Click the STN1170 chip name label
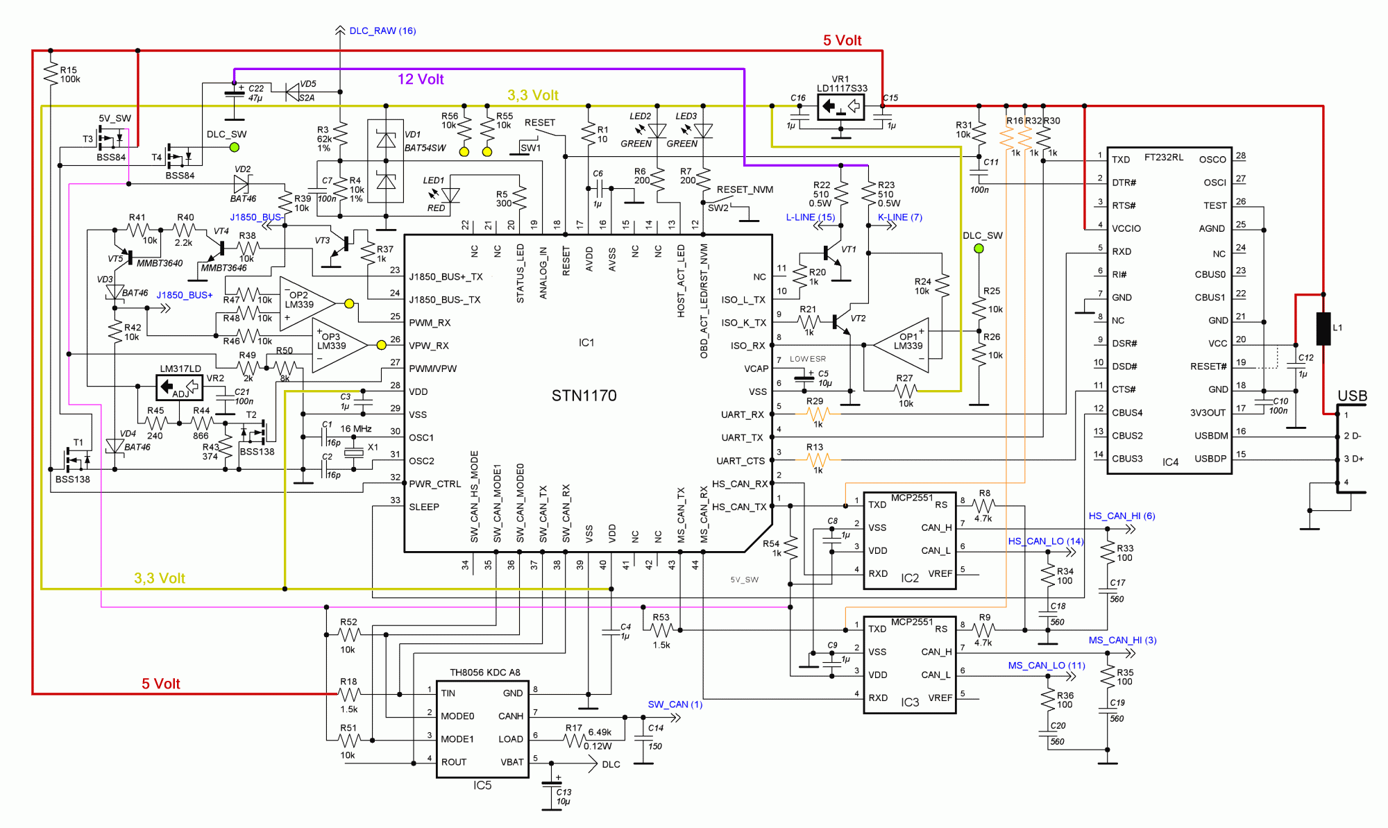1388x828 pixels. pyautogui.click(x=584, y=396)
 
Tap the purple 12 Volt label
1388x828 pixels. pyautogui.click(x=421, y=79)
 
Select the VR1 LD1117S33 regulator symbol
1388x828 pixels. pyautogui.click(x=840, y=107)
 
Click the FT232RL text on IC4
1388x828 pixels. pyautogui.click(x=1164, y=158)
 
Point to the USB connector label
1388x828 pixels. pyautogui.click(x=1352, y=396)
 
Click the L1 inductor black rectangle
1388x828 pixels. pyautogui.click(x=1323, y=328)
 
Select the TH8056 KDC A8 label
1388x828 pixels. pyautogui.click(x=484, y=672)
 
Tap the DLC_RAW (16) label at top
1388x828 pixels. pyautogui.click(x=382, y=31)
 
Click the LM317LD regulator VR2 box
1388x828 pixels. pyautogui.click(x=180, y=387)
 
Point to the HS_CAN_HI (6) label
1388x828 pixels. pyautogui.click(x=1122, y=516)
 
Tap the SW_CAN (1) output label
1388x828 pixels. pyautogui.click(x=675, y=704)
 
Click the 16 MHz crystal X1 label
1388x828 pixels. pyautogui.click(x=356, y=429)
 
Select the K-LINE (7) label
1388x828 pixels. pyautogui.click(x=899, y=217)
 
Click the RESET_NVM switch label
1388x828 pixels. pyautogui.click(x=744, y=189)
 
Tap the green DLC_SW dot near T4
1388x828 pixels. pyautogui.click(x=235, y=147)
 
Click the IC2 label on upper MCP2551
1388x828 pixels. pyautogui.click(x=909, y=578)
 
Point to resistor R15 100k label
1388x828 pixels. pyautogui.click(x=69, y=74)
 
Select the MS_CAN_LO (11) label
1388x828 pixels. pyautogui.click(x=1046, y=665)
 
